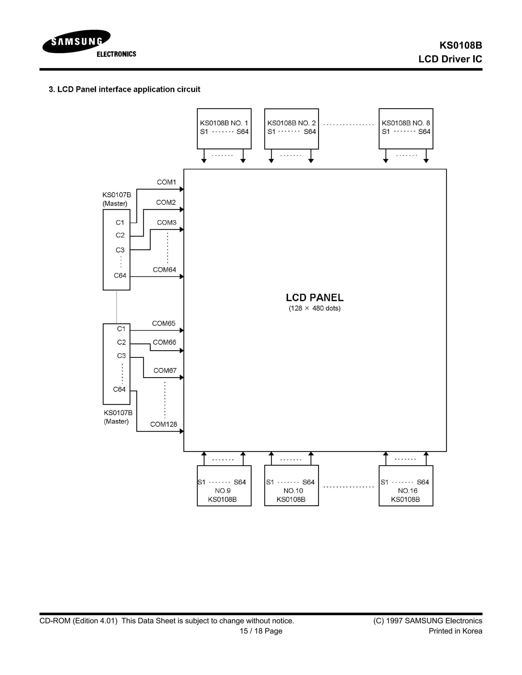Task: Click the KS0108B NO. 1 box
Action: click(x=224, y=129)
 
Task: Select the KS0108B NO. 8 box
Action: click(x=406, y=129)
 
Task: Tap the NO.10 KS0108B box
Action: click(x=291, y=486)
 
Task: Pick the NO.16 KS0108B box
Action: click(x=406, y=486)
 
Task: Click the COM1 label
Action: click(x=166, y=182)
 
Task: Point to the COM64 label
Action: click(x=164, y=269)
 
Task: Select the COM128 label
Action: click(x=164, y=424)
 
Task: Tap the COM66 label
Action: click(x=164, y=342)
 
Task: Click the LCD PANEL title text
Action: click(x=315, y=297)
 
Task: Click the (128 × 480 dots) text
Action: click(x=315, y=308)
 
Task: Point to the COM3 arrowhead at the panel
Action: click(x=182, y=229)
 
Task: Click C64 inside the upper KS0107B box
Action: click(x=120, y=275)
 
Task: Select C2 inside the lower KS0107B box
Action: click(x=121, y=342)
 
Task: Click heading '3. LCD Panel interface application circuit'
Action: click(x=124, y=89)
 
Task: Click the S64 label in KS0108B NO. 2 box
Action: click(x=309, y=132)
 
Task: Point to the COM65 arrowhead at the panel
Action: click(x=182, y=330)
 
